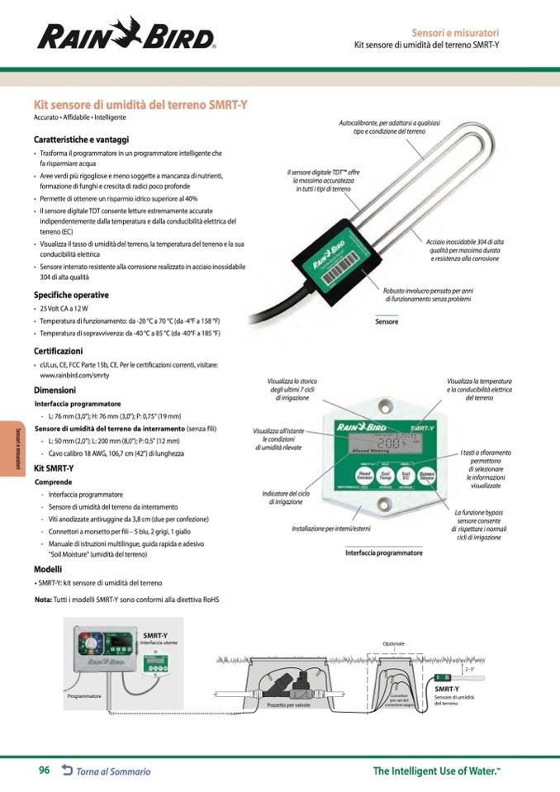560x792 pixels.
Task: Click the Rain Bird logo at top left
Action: coord(126,36)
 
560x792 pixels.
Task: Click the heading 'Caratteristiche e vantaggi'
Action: coord(81,140)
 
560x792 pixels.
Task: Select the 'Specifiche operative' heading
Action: coord(71,295)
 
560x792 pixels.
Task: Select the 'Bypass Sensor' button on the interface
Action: coord(426,477)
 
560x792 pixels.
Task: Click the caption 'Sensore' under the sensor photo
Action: coord(387,321)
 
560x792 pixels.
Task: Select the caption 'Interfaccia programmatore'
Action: coord(383,553)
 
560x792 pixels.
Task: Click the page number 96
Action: coord(45,771)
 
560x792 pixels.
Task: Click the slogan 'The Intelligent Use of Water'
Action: coord(437,771)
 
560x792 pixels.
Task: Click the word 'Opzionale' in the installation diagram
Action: coord(394,643)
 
